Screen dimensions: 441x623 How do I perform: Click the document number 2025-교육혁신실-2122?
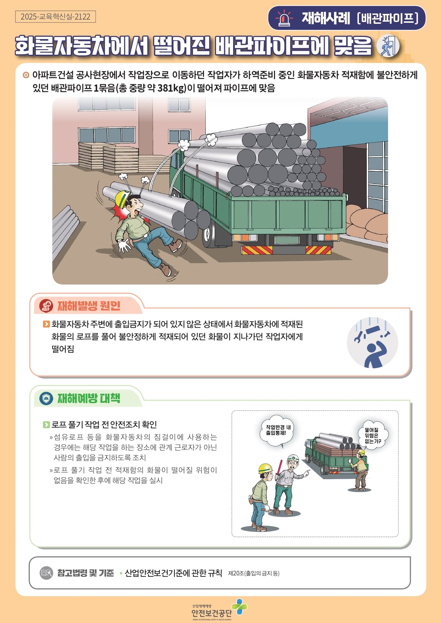(x=55, y=17)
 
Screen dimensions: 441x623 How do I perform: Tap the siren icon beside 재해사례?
(x=284, y=18)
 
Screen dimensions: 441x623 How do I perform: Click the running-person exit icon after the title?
(x=388, y=46)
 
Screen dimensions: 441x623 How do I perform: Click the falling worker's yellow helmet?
(x=122, y=198)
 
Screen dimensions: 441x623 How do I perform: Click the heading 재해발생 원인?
(x=89, y=305)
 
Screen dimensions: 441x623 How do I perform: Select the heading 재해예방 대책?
(x=89, y=398)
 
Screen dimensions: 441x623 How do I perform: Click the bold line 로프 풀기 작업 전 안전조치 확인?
(x=104, y=424)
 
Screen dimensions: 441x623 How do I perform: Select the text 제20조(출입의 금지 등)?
(x=254, y=573)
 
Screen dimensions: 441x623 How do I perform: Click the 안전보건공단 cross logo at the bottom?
(x=239, y=607)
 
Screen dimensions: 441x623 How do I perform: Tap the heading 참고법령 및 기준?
(x=86, y=573)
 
